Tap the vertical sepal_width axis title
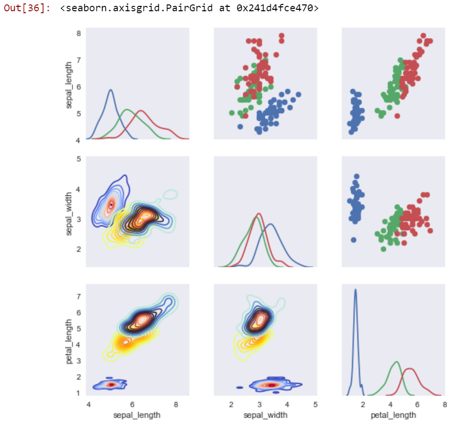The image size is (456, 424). [69, 212]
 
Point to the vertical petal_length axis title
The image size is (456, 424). [69, 341]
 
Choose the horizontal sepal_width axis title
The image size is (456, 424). [265, 415]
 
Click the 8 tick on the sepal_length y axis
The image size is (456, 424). [78, 34]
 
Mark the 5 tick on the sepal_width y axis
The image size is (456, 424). [78, 159]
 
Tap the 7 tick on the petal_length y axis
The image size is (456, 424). [78, 297]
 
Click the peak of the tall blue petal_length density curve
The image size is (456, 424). [355, 289]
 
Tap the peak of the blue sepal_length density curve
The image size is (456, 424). [111, 90]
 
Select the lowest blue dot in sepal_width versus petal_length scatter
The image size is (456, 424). [354, 240]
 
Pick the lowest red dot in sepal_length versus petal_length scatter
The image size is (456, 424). [397, 116]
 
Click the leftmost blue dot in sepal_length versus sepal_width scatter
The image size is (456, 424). [240, 126]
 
